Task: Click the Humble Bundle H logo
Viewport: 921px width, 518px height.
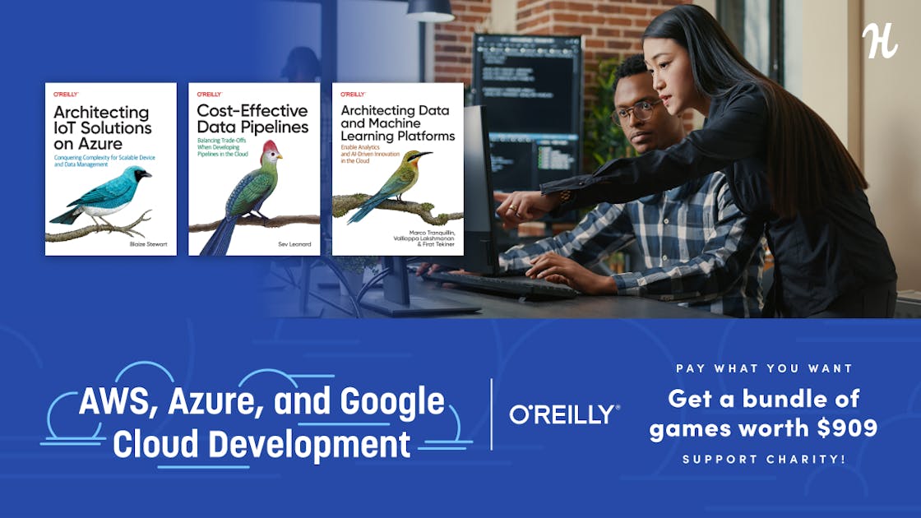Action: tap(880, 41)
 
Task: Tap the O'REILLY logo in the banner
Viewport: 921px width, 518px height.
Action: tap(564, 414)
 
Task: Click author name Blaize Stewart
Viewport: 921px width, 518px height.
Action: tap(149, 243)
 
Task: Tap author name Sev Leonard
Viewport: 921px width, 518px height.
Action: tap(295, 243)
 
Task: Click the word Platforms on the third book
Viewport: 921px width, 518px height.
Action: tap(426, 136)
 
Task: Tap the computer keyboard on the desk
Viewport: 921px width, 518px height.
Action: tap(499, 284)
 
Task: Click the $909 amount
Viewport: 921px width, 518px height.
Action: tap(847, 428)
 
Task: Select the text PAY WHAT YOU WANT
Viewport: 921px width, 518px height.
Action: tap(764, 368)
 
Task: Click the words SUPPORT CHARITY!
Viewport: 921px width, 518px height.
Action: tap(764, 459)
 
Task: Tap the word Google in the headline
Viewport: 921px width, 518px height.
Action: tap(392, 402)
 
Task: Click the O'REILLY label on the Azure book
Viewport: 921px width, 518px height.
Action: tap(66, 94)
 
